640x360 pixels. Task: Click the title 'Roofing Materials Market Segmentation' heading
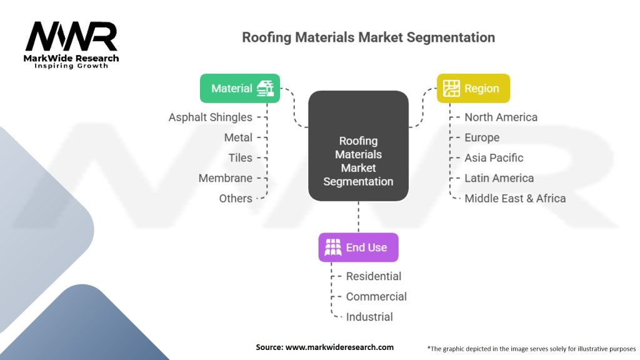coord(368,37)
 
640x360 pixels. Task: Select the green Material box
coord(240,88)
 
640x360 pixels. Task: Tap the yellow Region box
coord(473,88)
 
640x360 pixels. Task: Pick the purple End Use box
coord(358,247)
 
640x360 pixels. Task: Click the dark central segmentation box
coord(358,146)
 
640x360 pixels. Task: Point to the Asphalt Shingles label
coord(210,117)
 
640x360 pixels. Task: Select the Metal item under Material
coord(238,137)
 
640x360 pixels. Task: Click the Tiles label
coord(240,157)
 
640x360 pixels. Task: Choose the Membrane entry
coord(225,178)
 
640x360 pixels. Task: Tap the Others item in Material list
coord(236,198)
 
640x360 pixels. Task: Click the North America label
coord(501,117)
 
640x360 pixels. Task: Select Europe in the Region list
coord(482,137)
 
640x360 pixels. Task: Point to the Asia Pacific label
coord(494,157)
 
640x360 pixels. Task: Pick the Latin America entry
coord(499,178)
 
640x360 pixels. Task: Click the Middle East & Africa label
coord(515,198)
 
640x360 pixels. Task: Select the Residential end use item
coord(374,276)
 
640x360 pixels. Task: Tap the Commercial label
coord(376,296)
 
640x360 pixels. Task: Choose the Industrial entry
coord(369,317)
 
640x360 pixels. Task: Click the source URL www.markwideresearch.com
coord(339,347)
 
